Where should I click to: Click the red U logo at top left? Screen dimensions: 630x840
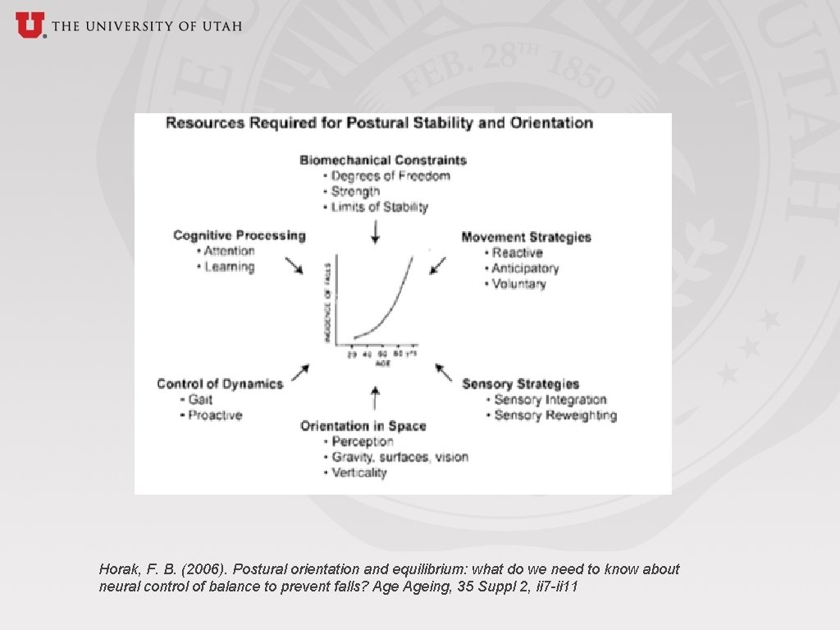click(30, 25)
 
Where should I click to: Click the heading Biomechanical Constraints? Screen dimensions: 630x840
click(383, 160)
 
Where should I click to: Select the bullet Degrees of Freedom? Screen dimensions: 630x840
click(390, 176)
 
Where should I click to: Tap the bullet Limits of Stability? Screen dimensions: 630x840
click(379, 207)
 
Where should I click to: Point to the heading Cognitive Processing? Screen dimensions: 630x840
click(239, 235)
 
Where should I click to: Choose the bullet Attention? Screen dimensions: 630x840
click(229, 251)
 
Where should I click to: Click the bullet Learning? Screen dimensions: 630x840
click(229, 267)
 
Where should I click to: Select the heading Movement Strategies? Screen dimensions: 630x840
click(526, 237)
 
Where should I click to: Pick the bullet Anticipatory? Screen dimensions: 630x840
click(525, 268)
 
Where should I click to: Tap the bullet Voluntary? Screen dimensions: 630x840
click(518, 284)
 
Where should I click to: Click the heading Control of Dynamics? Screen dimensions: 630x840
click(219, 384)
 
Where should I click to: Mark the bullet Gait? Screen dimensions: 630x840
click(200, 399)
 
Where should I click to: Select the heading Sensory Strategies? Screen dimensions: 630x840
click(520, 384)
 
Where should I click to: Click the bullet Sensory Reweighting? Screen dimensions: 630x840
click(555, 415)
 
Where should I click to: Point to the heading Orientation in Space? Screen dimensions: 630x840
click(363, 426)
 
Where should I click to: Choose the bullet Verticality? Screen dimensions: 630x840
click(358, 472)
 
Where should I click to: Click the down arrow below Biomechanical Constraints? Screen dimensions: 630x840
click(376, 233)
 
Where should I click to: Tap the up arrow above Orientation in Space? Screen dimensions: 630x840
click(376, 398)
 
